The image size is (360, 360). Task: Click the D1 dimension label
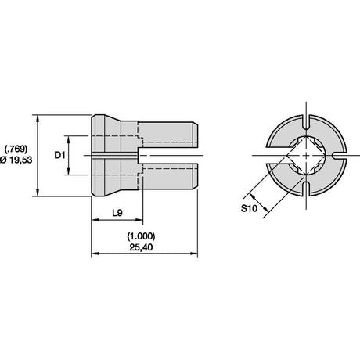pos(59,155)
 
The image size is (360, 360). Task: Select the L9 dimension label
pos(117,213)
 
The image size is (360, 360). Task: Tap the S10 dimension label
pos(249,208)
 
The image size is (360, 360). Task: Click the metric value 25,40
pos(141,247)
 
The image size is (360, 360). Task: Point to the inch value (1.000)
pos(141,236)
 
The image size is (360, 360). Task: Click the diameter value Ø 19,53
pos(16,160)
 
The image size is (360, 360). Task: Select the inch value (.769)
pos(16,149)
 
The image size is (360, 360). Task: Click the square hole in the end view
pos(306,156)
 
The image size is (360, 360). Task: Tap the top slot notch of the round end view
pos(307,121)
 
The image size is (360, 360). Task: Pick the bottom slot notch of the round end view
pos(307,189)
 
